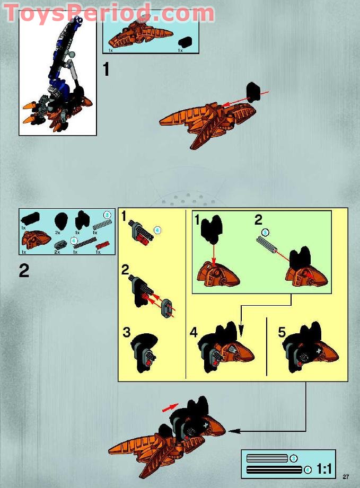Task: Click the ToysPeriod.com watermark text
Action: point(109,12)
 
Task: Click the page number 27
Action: point(346,476)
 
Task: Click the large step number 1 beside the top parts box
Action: point(107,69)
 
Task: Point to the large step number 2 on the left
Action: point(24,271)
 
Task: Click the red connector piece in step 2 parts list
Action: point(102,245)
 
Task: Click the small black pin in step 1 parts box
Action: point(185,42)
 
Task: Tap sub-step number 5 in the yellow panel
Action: point(282,332)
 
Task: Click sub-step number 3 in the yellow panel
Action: point(127,332)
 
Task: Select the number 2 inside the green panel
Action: point(258,219)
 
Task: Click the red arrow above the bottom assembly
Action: point(170,407)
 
